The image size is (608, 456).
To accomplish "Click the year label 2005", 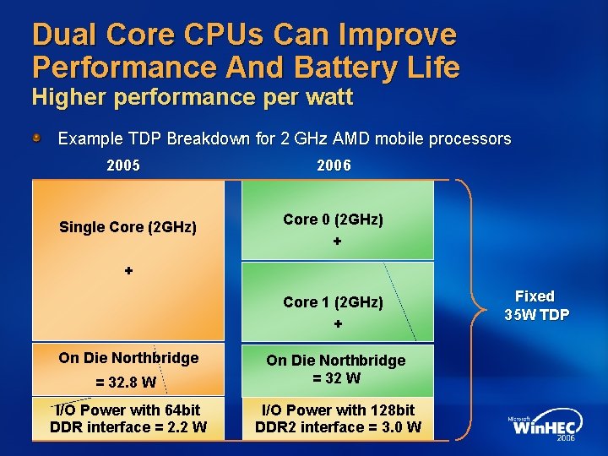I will (123, 166).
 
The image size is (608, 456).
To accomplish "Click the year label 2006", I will (334, 166).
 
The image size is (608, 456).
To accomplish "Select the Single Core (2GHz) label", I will (128, 227).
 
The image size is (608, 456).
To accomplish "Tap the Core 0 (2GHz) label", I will (333, 220).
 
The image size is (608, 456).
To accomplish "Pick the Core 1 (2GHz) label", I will (333, 302).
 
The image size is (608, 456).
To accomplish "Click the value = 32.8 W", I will (126, 382).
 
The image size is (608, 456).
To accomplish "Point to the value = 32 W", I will (336, 377).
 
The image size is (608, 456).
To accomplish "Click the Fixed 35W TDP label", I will (535, 306).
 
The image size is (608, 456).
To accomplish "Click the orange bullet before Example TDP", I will (38, 137).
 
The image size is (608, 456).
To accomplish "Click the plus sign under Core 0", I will (337, 242).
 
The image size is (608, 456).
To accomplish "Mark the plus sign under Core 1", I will (337, 324).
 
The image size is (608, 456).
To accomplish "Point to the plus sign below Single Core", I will (128, 271).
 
